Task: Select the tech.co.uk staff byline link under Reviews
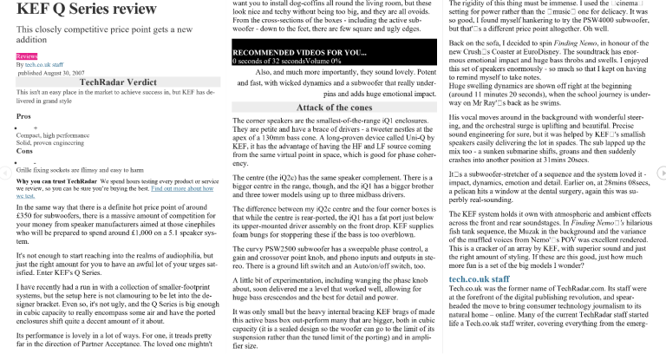47,64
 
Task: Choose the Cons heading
24,151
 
